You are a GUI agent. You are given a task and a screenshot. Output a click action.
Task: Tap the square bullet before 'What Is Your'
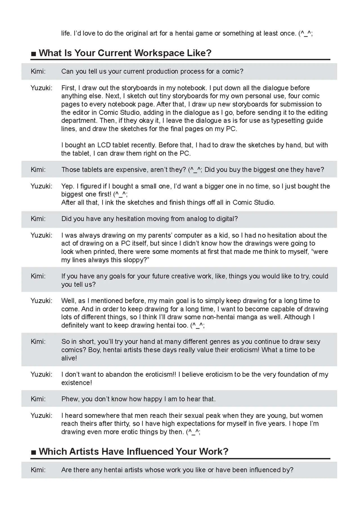33,53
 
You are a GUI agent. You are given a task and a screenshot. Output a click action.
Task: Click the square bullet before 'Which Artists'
33,452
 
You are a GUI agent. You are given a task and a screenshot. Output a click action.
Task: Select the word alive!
69,358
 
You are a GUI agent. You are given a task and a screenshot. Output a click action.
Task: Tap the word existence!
76,383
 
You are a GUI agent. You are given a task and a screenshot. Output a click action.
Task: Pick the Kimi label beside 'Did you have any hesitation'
38,219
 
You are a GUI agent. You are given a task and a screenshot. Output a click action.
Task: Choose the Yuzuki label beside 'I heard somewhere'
42,415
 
